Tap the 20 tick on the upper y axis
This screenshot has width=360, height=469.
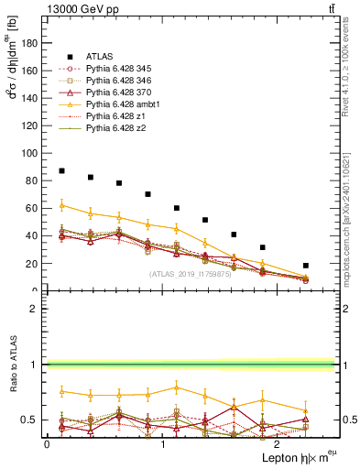click(x=32, y=264)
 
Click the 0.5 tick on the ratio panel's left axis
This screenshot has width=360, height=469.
click(x=31, y=420)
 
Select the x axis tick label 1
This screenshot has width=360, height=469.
click(x=163, y=443)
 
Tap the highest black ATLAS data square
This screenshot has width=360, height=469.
click(x=61, y=171)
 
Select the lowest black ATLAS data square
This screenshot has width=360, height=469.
click(x=306, y=266)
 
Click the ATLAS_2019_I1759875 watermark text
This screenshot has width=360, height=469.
click(x=191, y=274)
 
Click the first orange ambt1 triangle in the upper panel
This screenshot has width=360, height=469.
click(x=61, y=205)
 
